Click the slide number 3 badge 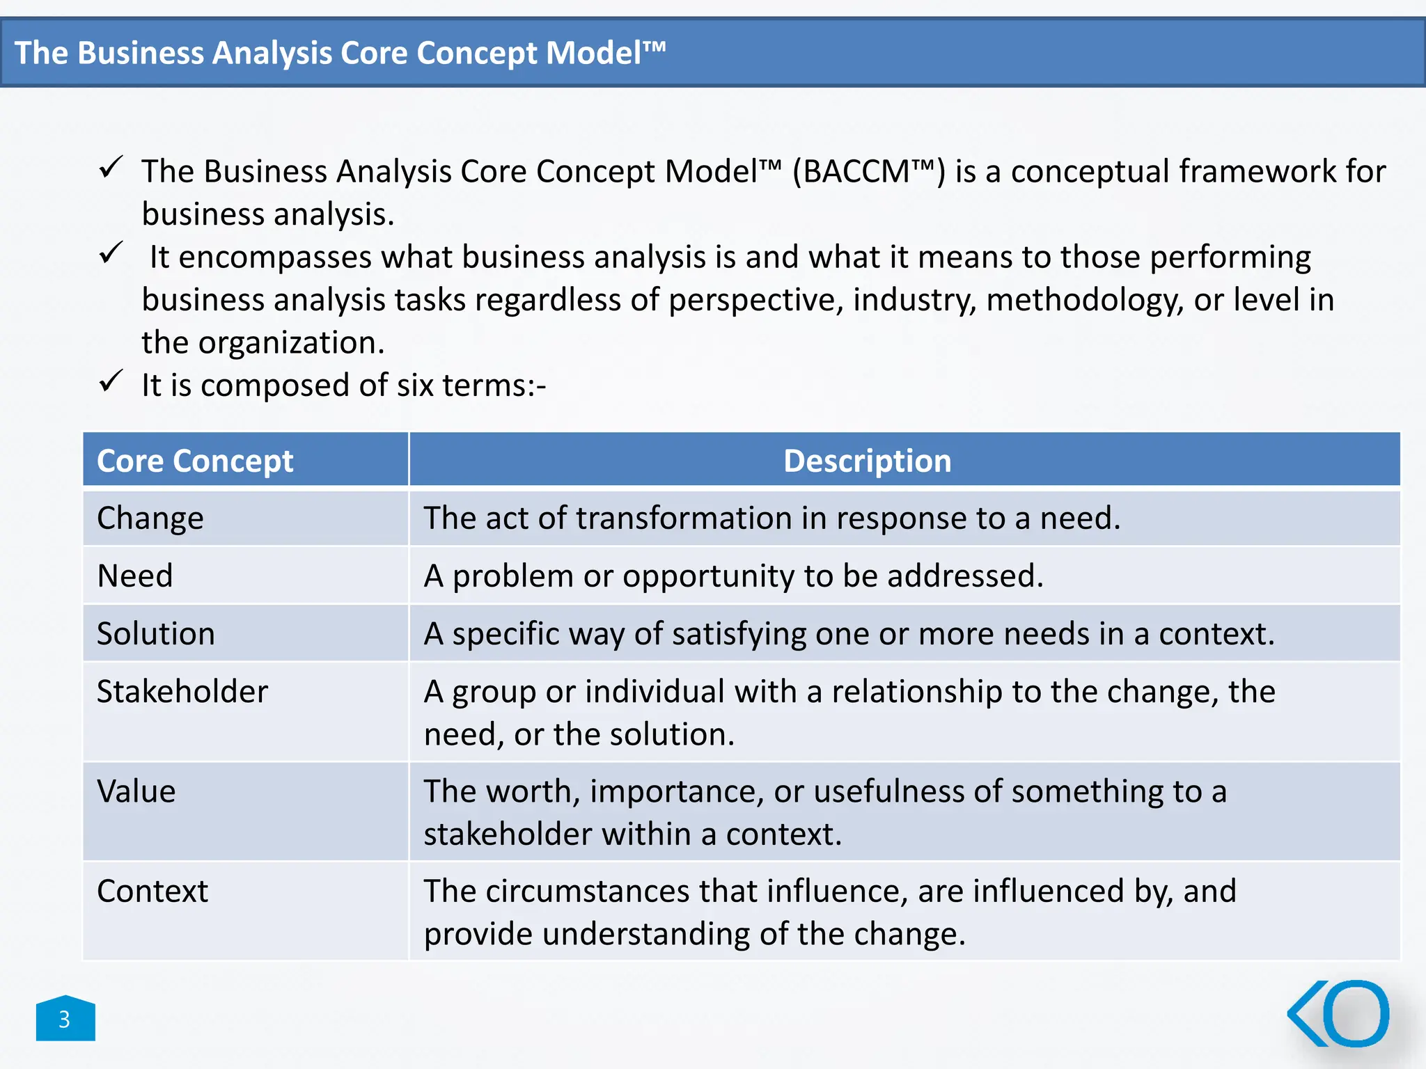pos(65,1019)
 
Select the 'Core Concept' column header pos(195,461)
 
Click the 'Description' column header pos(867,461)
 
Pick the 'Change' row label pos(150,518)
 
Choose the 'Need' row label pos(135,576)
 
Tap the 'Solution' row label pos(156,634)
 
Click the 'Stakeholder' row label pos(182,692)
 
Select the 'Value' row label pos(136,791)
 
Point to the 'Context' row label pos(152,892)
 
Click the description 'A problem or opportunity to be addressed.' pos(734,576)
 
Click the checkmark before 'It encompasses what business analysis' pos(111,253)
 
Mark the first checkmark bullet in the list pos(111,167)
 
